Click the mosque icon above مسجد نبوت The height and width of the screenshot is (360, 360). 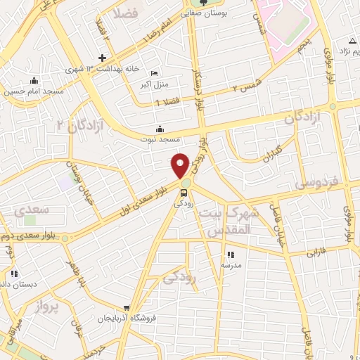coord(160,129)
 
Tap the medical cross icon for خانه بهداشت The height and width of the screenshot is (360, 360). coord(103,58)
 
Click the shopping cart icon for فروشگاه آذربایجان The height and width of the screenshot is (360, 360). coord(127,308)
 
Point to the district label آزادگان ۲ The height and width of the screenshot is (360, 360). coord(82,125)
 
